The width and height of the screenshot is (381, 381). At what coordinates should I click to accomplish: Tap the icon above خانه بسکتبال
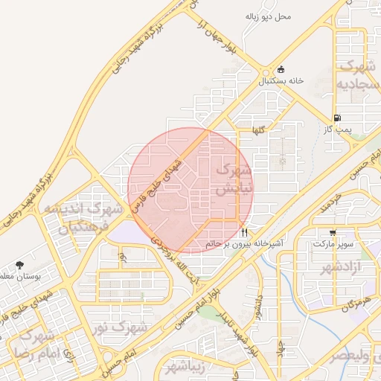[280, 69]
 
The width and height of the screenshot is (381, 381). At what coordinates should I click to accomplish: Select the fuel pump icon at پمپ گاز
[339, 118]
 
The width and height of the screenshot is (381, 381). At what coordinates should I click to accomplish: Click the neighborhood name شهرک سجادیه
[356, 76]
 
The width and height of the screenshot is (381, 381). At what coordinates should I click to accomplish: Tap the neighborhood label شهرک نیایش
[233, 180]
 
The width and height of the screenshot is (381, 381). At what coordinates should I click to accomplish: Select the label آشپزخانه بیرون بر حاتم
[235, 243]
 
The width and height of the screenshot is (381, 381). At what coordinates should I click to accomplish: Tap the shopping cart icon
[332, 232]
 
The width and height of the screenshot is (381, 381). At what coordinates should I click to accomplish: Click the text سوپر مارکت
[333, 243]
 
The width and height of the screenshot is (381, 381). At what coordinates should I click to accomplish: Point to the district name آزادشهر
[344, 266]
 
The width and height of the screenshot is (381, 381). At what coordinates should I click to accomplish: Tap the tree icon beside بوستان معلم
[19, 265]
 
